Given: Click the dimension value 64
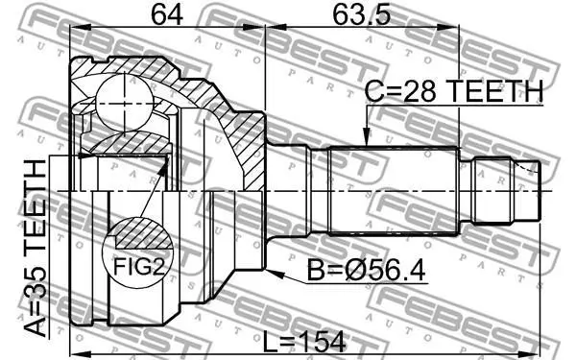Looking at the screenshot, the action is point(167,14).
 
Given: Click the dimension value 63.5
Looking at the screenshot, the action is point(362,14).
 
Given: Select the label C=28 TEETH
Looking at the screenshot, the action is point(454,91).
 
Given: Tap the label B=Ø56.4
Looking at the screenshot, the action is point(366,271).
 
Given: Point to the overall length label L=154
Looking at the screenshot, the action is point(304,342).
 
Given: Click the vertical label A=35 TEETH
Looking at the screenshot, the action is point(36,249).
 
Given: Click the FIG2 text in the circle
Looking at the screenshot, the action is point(138,266).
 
